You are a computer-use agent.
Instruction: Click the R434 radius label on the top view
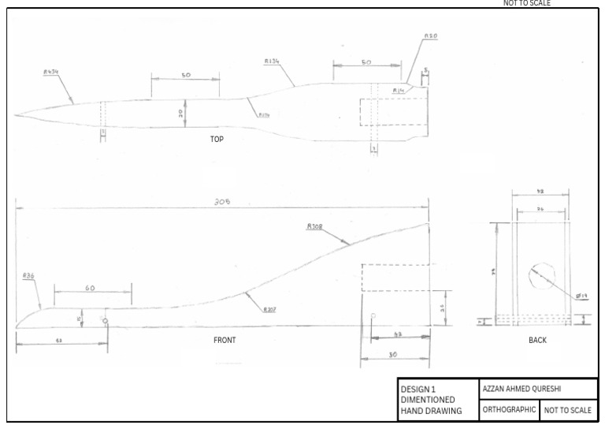51,72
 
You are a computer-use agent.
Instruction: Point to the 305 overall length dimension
222,201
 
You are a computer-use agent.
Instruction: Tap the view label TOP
217,139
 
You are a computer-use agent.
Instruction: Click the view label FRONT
225,340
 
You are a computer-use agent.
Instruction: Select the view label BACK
537,340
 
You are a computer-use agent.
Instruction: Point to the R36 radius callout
28,276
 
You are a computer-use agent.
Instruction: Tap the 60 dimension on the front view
90,289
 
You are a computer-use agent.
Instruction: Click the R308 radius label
314,226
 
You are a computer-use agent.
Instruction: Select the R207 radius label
270,308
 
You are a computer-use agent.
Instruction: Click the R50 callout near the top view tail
431,36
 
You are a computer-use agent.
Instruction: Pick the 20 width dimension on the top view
181,113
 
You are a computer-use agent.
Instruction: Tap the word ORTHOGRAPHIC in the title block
509,410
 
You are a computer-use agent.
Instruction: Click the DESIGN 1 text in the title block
418,389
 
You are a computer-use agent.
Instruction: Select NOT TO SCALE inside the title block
568,410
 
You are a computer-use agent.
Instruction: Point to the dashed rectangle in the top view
394,111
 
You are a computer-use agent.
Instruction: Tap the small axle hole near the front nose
104,320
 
